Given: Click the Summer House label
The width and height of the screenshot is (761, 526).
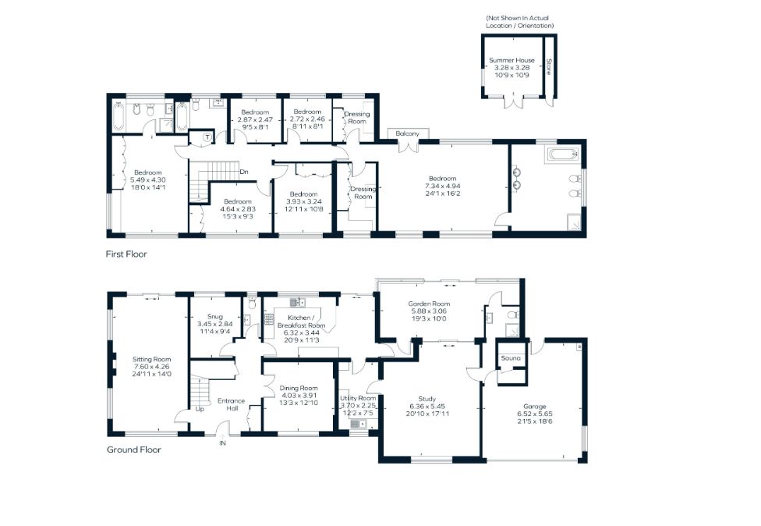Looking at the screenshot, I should pos(511,60).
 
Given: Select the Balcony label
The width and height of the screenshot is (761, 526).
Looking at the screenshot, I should pos(407,134).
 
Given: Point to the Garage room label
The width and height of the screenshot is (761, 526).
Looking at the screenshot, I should pos(534,406).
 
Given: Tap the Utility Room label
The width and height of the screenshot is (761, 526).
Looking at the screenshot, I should pos(358,398).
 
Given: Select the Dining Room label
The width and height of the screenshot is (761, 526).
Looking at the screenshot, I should pos(298,388).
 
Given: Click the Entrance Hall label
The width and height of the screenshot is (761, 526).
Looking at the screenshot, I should pos(232,405).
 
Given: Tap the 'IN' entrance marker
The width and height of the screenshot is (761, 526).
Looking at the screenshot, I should pos(222,442).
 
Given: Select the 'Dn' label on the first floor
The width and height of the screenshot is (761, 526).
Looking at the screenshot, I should pos(244,172).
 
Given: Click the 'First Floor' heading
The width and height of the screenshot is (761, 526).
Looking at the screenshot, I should pos(126,254).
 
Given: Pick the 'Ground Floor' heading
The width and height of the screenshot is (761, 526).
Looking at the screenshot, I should pos(133,450).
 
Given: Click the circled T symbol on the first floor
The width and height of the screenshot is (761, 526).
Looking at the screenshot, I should pos(207,137).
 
